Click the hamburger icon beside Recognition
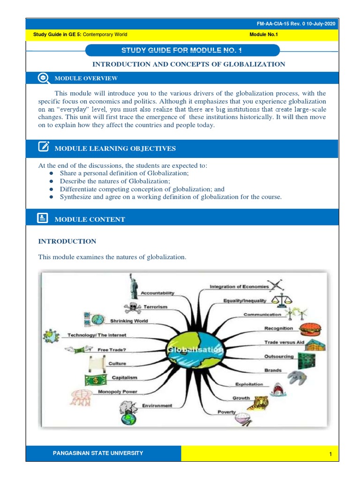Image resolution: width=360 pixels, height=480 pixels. point(310,329)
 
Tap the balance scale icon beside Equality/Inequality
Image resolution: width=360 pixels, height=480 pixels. point(282,299)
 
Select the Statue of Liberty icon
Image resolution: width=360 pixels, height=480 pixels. point(133,286)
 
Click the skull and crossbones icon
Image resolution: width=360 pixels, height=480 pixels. point(132,308)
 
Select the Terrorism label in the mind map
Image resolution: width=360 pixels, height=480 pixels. point(155,307)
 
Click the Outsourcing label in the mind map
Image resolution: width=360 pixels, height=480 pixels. point(278,356)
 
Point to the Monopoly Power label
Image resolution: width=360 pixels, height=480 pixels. point(117,391)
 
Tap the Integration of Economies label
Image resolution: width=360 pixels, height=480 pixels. point(239,286)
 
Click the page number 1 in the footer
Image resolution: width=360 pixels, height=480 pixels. point(330,454)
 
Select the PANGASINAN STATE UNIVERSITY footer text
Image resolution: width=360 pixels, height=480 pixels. point(98,453)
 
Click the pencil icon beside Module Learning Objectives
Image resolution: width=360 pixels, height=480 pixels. point(43,148)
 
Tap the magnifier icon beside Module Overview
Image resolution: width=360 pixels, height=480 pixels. point(43,78)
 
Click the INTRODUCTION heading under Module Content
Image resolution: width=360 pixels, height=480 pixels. point(67,241)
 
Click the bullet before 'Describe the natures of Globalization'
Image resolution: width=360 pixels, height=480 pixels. point(51,181)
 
